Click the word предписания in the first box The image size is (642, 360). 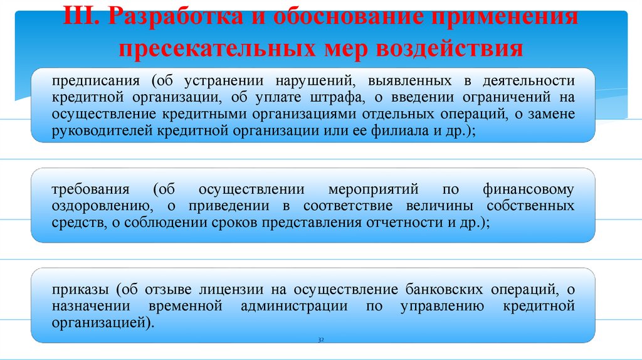[91, 82]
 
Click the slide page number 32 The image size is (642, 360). [320, 339]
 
